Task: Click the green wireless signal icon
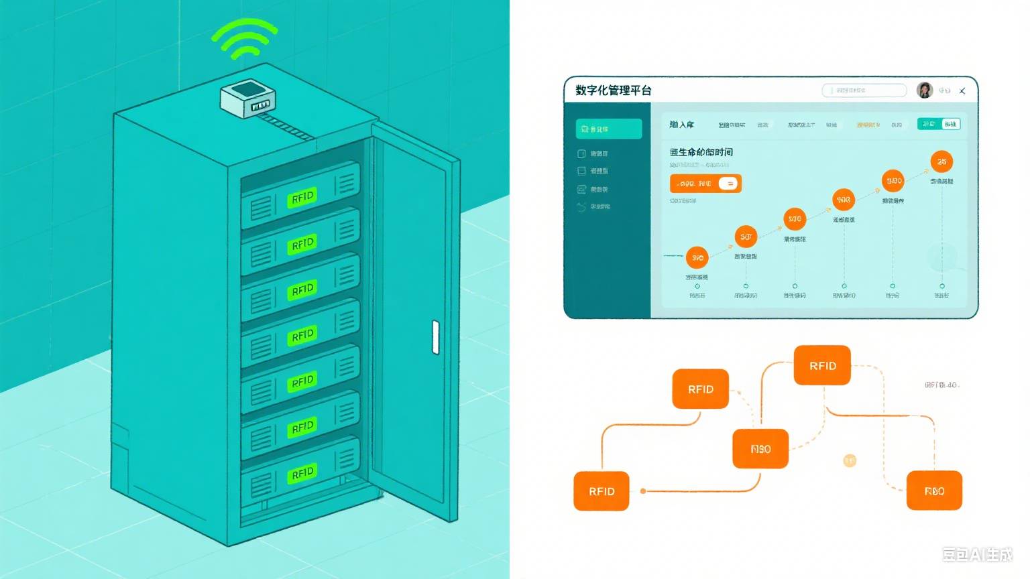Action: [x=244, y=39]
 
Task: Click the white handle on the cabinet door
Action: [x=436, y=337]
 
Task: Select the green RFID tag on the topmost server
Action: [x=302, y=197]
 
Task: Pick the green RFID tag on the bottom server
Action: [x=302, y=474]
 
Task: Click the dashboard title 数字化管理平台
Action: [x=613, y=90]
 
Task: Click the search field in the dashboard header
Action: [x=864, y=90]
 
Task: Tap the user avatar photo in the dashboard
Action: [x=925, y=90]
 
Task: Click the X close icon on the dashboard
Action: [x=962, y=90]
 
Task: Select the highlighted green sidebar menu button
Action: [x=609, y=129]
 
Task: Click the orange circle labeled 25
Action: [x=941, y=162]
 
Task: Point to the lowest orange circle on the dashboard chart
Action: [x=697, y=257]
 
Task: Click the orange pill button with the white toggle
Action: [x=705, y=184]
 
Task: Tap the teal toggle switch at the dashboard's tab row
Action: [x=939, y=124]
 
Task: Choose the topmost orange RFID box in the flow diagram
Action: [x=822, y=365]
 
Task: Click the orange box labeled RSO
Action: [x=760, y=449]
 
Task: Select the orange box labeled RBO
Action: [x=934, y=491]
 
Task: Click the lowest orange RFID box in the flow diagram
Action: [x=602, y=491]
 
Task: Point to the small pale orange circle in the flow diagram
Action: [x=850, y=460]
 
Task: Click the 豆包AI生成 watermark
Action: [x=977, y=554]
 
